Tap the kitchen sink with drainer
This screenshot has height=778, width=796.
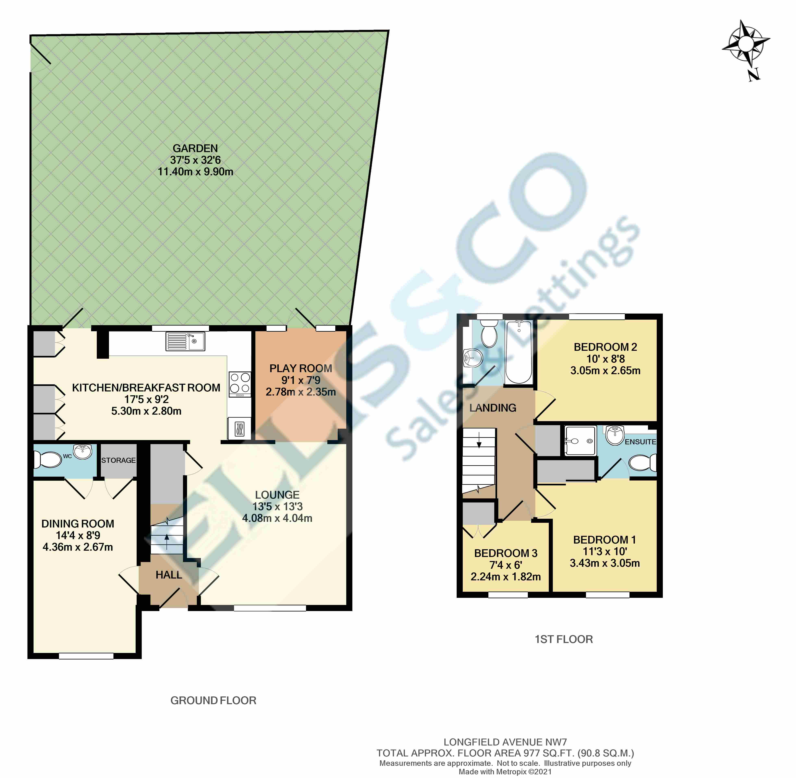[185, 341]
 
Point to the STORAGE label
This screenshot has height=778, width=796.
[119, 460]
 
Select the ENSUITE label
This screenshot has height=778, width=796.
[640, 442]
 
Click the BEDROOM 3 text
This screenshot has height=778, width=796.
[505, 553]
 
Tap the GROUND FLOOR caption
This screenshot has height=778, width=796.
[213, 700]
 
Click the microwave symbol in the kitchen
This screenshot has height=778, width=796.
[240, 429]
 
